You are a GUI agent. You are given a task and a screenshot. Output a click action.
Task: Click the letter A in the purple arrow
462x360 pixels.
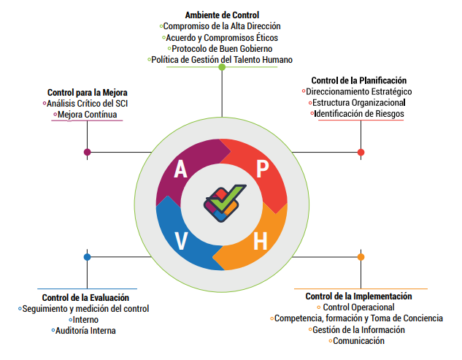pyautogui.click(x=180, y=169)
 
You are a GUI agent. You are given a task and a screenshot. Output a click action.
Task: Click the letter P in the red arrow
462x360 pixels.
pyautogui.click(x=262, y=169)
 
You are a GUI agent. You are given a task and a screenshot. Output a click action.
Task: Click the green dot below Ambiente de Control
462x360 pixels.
pyautogui.click(x=222, y=67)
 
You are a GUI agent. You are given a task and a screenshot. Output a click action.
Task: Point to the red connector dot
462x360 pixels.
pyautogui.click(x=361, y=152)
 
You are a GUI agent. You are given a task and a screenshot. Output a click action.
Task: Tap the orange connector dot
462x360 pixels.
pyautogui.click(x=361, y=257)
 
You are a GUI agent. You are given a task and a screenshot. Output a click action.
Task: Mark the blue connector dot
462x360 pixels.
pyautogui.click(x=88, y=257)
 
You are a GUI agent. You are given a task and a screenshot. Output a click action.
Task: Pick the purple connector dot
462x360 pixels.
pyautogui.click(x=88, y=152)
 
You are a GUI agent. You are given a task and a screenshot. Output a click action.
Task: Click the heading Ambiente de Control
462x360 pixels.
pyautogui.click(x=223, y=15)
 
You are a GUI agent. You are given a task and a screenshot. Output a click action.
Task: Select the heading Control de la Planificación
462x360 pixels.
pyautogui.click(x=358, y=80)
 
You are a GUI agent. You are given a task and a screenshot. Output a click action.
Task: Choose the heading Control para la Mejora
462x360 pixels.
pyautogui.click(x=88, y=93)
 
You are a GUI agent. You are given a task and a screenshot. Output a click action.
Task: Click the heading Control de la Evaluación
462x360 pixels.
pyautogui.click(x=85, y=297)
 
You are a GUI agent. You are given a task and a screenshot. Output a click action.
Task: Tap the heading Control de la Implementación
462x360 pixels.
pyautogui.click(x=358, y=296)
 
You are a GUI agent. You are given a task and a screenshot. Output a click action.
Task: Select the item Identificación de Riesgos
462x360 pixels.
pyautogui.click(x=358, y=114)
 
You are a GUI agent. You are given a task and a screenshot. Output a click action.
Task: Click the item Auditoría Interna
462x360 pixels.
pyautogui.click(x=85, y=331)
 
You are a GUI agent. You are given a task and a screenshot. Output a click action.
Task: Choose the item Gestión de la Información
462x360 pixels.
pyautogui.click(x=358, y=330)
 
